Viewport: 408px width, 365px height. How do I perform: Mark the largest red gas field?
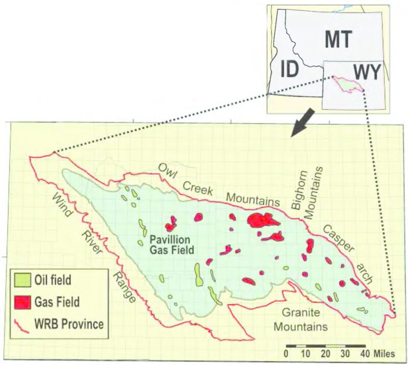[x=263, y=220]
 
